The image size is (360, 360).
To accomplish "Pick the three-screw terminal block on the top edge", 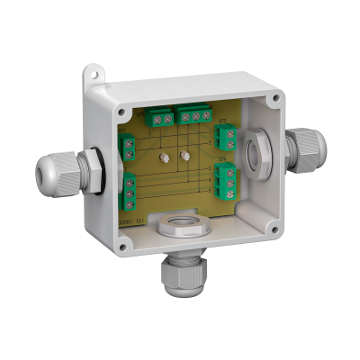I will coord(193,115).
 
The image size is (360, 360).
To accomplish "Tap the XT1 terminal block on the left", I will coord(129,144).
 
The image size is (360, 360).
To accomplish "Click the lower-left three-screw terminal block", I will coord(130,186).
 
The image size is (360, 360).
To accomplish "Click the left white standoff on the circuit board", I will coord(165,157).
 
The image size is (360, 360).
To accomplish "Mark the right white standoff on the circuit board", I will coord(185,155).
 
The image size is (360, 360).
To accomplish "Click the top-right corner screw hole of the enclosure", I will coord(272,94).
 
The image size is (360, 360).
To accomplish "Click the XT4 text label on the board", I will coord(221,163).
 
